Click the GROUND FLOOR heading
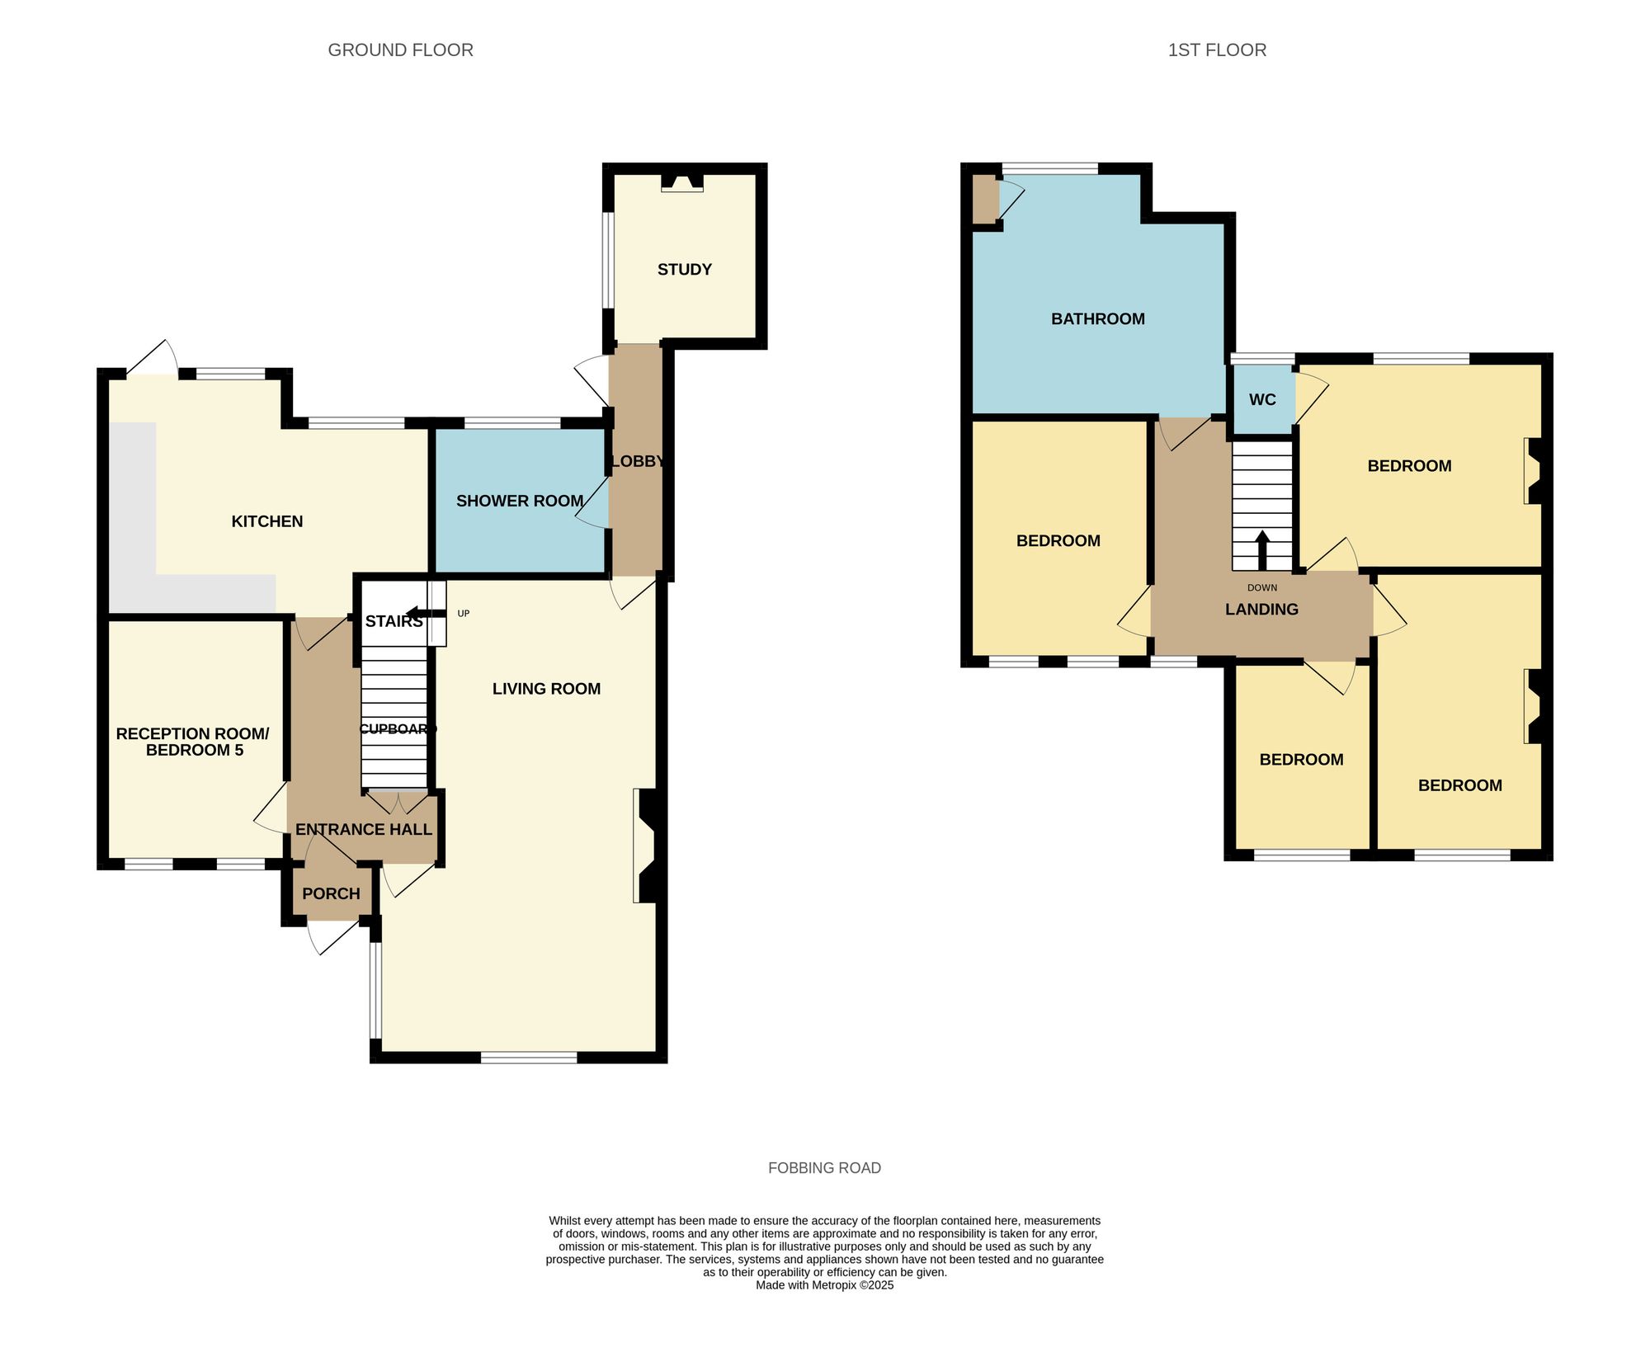click(x=400, y=50)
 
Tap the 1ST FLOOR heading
click(x=1217, y=50)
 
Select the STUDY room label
click(x=684, y=270)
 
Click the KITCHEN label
click(x=266, y=521)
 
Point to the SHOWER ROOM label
click(x=520, y=501)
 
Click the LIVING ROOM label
click(x=546, y=689)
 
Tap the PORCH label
click(x=331, y=893)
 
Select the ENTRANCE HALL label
click(x=363, y=830)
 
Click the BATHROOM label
click(x=1097, y=319)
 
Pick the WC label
click(x=1262, y=400)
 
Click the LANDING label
click(x=1261, y=610)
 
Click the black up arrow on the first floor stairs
click(x=1262, y=549)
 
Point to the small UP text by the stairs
click(x=464, y=614)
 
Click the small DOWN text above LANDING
click(x=1262, y=588)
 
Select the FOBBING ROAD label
click(x=824, y=1168)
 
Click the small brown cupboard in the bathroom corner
click(x=984, y=199)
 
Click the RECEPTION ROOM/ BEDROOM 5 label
click(x=193, y=742)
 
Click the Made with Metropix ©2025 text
click(x=824, y=1285)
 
